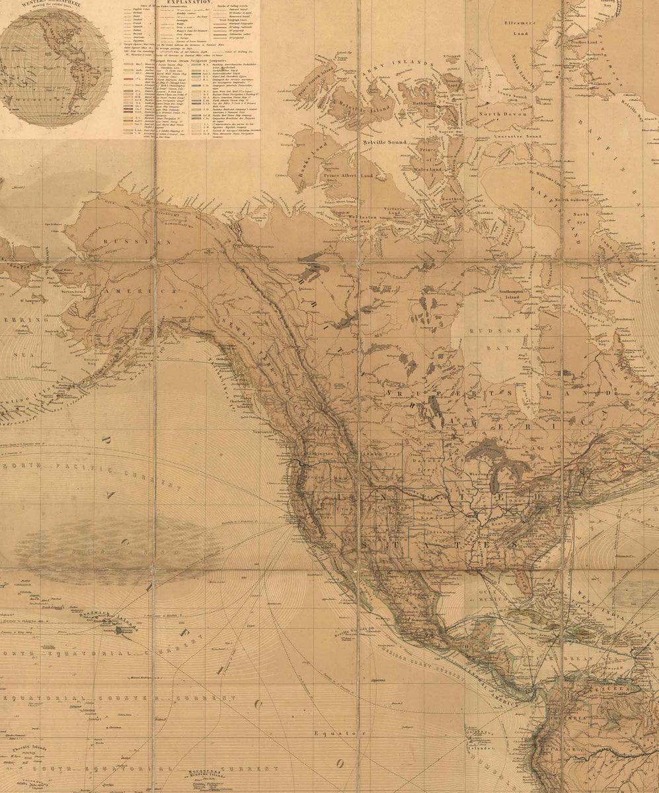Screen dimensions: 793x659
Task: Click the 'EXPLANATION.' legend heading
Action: click(x=188, y=3)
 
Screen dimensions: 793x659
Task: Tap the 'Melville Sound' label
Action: click(x=384, y=141)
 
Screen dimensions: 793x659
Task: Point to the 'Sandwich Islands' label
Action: click(x=99, y=614)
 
